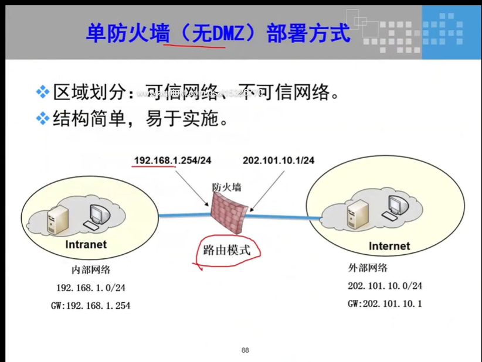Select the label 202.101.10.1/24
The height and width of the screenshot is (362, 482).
coord(279,160)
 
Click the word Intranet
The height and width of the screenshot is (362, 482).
coord(87,244)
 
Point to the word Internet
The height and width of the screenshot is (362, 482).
coord(389,246)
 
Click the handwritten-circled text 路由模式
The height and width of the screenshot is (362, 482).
coord(226,250)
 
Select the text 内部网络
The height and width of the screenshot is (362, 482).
coord(91,270)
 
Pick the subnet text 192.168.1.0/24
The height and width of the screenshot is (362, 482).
coord(91,288)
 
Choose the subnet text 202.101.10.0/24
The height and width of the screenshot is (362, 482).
coord(385,286)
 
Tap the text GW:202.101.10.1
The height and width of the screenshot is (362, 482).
coord(385,303)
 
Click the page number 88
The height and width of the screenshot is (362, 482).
coord(245,350)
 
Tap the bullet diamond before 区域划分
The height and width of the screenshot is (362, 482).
coord(42,91)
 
